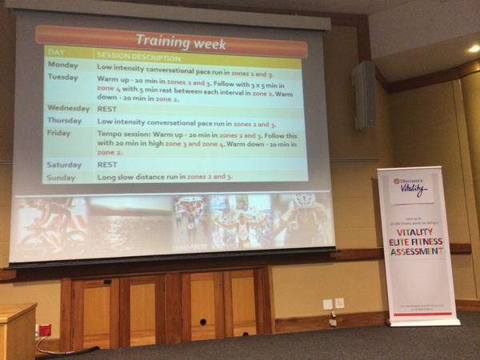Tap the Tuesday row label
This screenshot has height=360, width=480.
63,78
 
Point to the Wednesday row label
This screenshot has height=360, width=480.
69,107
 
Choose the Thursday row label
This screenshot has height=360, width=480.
66,120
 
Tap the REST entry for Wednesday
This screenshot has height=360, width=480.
107,108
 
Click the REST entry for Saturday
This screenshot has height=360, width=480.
107,164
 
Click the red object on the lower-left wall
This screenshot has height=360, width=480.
45,330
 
